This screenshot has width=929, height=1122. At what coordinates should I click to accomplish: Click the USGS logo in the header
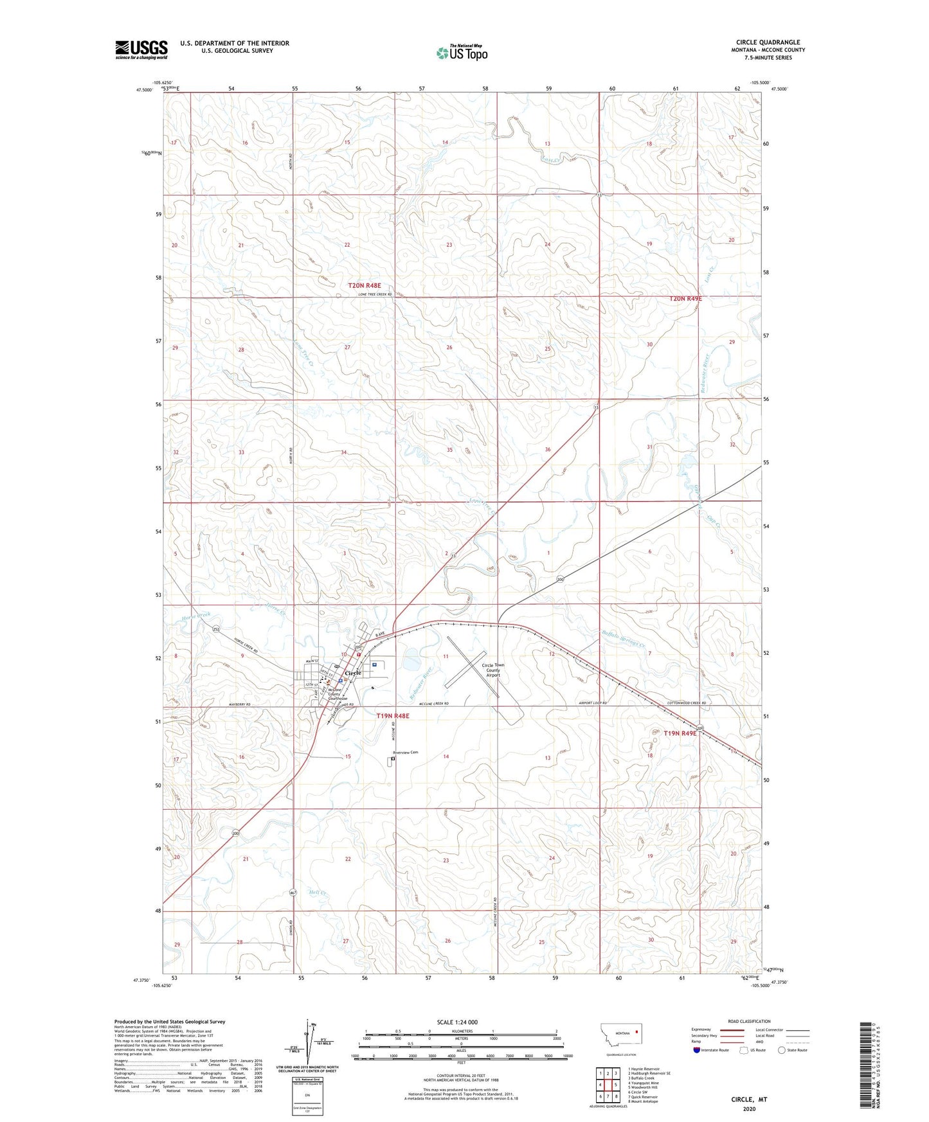pos(141,49)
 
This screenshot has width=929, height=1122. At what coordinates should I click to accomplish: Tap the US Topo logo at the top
pos(461,53)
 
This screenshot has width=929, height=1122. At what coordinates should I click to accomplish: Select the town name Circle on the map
pos(353,673)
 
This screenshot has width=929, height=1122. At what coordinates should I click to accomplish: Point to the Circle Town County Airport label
pos(493,670)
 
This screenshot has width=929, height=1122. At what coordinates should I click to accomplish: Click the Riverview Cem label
pos(406,752)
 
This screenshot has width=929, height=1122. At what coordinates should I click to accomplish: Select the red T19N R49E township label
pos(680,733)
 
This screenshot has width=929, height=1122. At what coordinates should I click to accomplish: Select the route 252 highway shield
pos(217,630)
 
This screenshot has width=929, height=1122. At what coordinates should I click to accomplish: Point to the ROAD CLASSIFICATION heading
pos(748,1021)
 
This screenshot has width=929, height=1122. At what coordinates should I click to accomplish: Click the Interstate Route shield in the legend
pos(698,1050)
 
